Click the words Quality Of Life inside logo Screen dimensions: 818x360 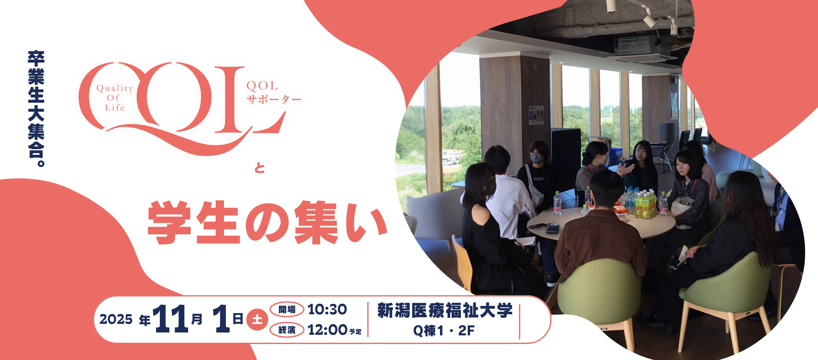(115, 98)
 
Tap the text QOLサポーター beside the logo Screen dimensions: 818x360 (274, 92)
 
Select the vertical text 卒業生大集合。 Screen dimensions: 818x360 (36, 109)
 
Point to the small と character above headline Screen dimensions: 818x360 (260, 168)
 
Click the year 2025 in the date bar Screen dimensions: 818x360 (116, 319)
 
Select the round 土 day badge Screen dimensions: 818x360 (257, 319)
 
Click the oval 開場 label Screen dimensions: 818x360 (287, 309)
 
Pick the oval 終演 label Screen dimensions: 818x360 (287, 330)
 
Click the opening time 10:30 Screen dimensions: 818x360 (327, 309)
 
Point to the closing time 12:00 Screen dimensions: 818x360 (328, 330)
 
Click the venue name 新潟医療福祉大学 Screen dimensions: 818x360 (445, 310)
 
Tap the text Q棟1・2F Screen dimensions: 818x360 (444, 331)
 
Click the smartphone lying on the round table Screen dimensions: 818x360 (552, 228)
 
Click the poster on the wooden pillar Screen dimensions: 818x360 (536, 115)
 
